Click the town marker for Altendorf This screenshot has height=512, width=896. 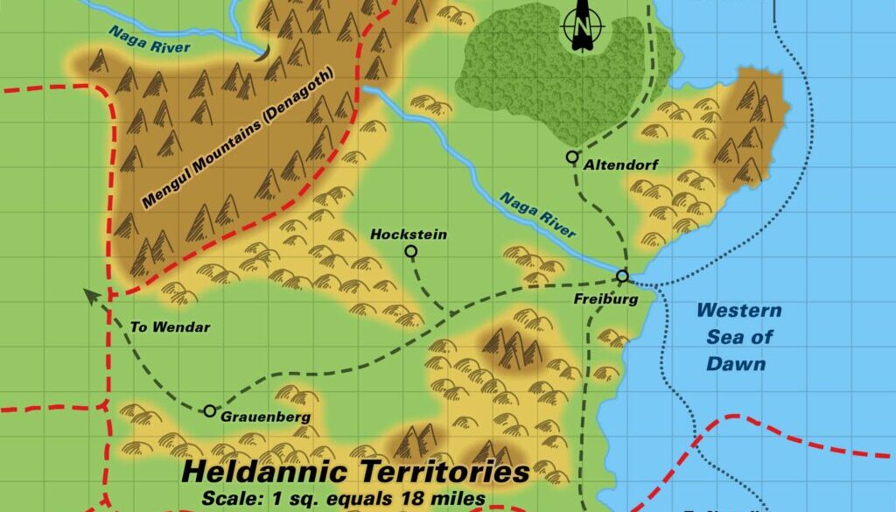tap(571, 158)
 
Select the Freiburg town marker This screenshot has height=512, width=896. tap(622, 277)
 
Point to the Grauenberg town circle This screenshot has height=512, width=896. tap(210, 410)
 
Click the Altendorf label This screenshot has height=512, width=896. tap(616, 165)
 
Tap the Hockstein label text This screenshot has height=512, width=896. tap(409, 235)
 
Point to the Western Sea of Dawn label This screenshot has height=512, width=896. tap(739, 337)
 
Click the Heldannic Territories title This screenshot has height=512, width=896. tap(355, 473)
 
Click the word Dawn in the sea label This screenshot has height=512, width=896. tap(739, 364)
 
